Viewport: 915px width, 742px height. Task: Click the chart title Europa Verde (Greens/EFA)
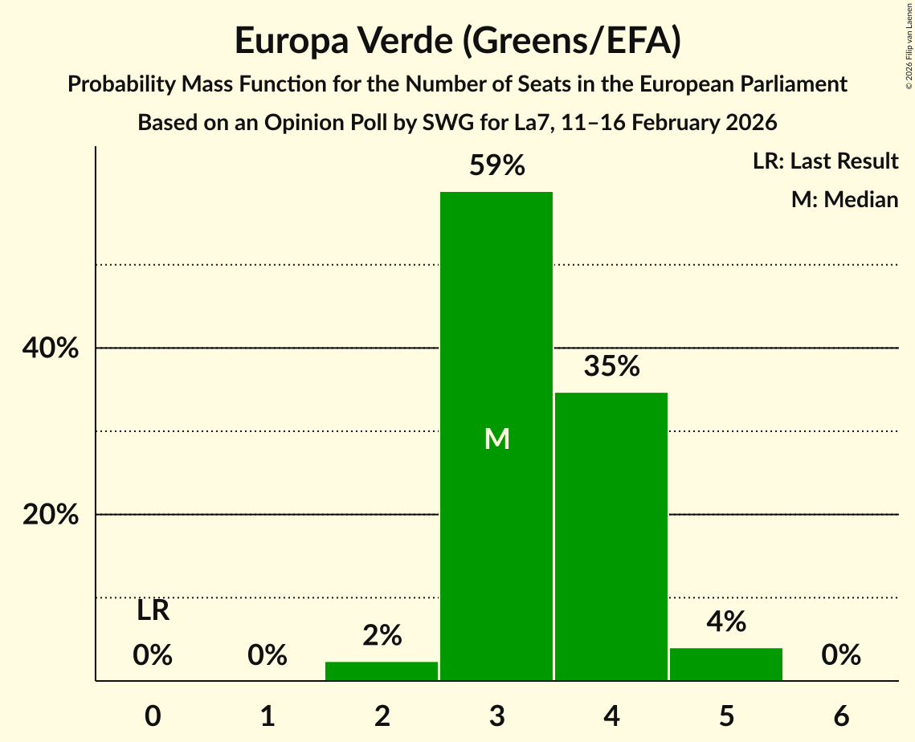[457, 41]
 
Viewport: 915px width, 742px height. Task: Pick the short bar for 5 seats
[726, 664]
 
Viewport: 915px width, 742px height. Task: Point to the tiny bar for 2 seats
[382, 671]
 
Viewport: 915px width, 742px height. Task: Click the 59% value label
[497, 166]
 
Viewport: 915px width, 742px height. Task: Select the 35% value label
[611, 367]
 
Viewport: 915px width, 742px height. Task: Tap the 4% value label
[726, 622]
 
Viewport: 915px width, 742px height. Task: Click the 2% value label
[382, 635]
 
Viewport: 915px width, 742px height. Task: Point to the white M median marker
[497, 438]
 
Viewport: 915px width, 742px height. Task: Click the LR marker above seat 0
[153, 611]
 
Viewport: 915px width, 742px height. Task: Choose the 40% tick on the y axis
[51, 349]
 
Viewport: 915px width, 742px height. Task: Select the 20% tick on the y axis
[51, 515]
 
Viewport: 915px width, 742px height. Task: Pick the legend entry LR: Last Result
[825, 161]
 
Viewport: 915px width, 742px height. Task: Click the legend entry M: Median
[844, 199]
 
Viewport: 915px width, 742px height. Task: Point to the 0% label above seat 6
[841, 655]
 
